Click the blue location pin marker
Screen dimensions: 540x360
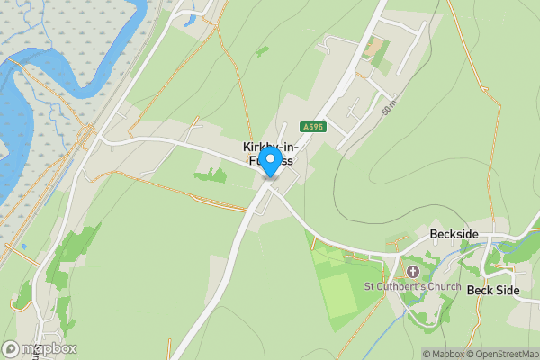pyautogui.click(x=270, y=162)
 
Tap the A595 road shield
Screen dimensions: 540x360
pyautogui.click(x=313, y=128)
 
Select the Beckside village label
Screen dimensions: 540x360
pyautogui.click(x=453, y=235)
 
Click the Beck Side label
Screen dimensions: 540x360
pyautogui.click(x=493, y=290)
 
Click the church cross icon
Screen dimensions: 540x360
pyautogui.click(x=413, y=271)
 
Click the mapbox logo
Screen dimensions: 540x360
pyautogui.click(x=40, y=349)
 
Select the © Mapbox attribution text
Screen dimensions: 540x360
pyautogui.click(x=447, y=354)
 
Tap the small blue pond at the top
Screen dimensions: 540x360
pyautogui.click(x=188, y=20)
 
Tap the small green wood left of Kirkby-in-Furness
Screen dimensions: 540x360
pyautogui.click(x=211, y=175)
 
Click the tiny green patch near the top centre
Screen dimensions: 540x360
pyautogui.click(x=261, y=52)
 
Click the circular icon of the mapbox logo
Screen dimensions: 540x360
pyautogui.click(x=12, y=349)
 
